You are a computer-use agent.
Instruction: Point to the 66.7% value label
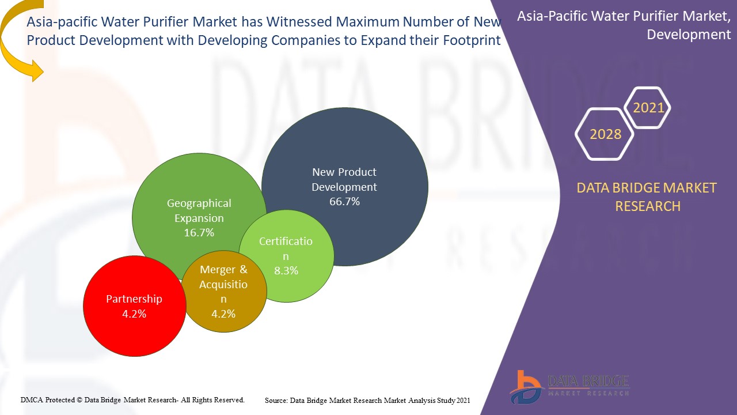(344, 202)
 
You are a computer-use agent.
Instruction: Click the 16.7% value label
(199, 233)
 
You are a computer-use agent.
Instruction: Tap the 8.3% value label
(286, 270)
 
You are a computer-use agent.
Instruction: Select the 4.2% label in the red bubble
(134, 314)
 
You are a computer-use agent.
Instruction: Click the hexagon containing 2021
(648, 108)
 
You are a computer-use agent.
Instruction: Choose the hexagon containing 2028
(605, 134)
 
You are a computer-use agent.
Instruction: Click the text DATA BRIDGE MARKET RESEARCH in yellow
(647, 197)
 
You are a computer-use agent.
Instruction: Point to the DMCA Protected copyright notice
(132, 399)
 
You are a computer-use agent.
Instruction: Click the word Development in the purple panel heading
(689, 35)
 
